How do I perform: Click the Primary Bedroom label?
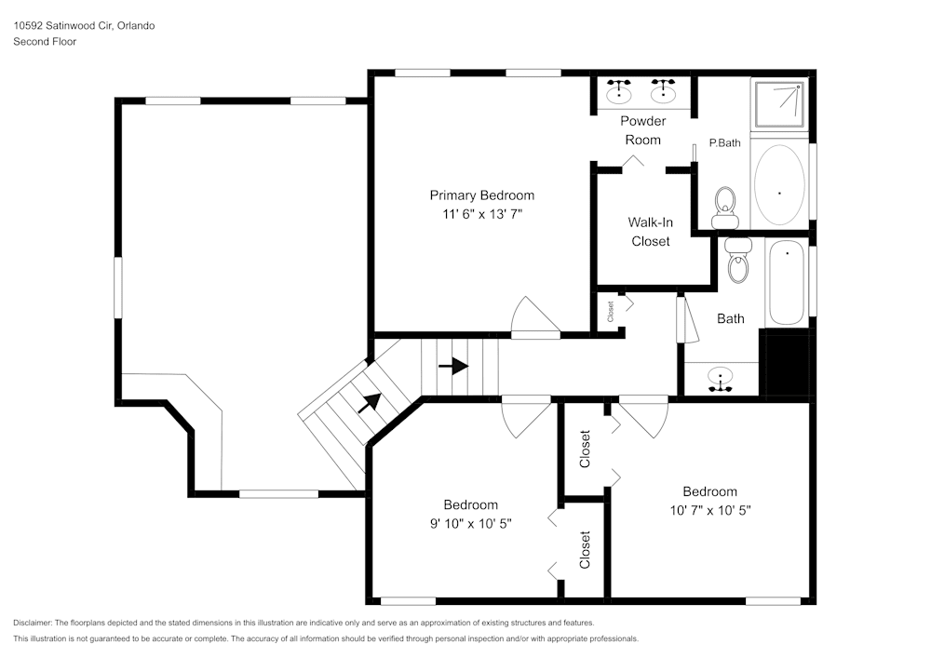pyautogui.click(x=481, y=195)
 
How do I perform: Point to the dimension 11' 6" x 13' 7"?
pyautogui.click(x=481, y=213)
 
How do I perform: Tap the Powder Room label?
pyautogui.click(x=642, y=130)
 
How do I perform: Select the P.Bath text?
pyautogui.click(x=724, y=143)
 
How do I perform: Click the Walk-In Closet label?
pyautogui.click(x=650, y=232)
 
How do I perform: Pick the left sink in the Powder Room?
pyautogui.click(x=618, y=91)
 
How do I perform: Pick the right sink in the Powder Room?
pyautogui.click(x=663, y=91)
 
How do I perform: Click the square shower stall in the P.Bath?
pyautogui.click(x=780, y=104)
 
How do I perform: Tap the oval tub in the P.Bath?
pyautogui.click(x=779, y=186)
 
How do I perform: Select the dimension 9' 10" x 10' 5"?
pyautogui.click(x=470, y=523)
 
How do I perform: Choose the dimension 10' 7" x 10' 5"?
pyautogui.click(x=709, y=510)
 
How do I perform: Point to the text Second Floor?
pyautogui.click(x=45, y=42)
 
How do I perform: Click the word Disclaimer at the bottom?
pyautogui.click(x=33, y=623)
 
